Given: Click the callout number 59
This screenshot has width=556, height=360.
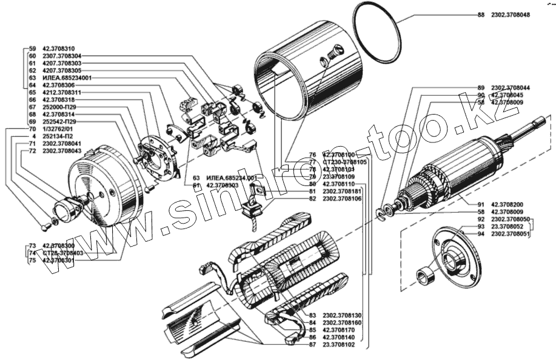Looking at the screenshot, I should (33, 48).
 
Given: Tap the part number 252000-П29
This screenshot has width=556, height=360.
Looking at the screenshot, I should (59, 107).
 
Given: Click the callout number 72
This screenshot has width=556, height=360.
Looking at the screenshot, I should (33, 152).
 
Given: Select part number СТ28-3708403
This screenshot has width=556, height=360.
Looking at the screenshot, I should (63, 253).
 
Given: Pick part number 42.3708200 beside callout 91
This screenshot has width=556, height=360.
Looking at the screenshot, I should (511, 205).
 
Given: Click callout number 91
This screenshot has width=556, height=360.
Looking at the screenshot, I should (482, 205).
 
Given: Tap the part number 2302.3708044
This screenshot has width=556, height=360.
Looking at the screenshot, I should (511, 87).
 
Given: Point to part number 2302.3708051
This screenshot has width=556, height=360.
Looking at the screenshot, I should (511, 234).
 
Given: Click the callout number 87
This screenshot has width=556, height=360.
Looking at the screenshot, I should (312, 344).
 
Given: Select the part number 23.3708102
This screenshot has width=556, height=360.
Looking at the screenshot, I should (343, 344).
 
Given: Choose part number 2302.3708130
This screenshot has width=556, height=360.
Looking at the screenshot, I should (343, 315).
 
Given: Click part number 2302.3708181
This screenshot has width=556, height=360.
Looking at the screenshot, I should (343, 192).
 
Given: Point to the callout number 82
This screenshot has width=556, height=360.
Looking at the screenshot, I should (312, 199).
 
